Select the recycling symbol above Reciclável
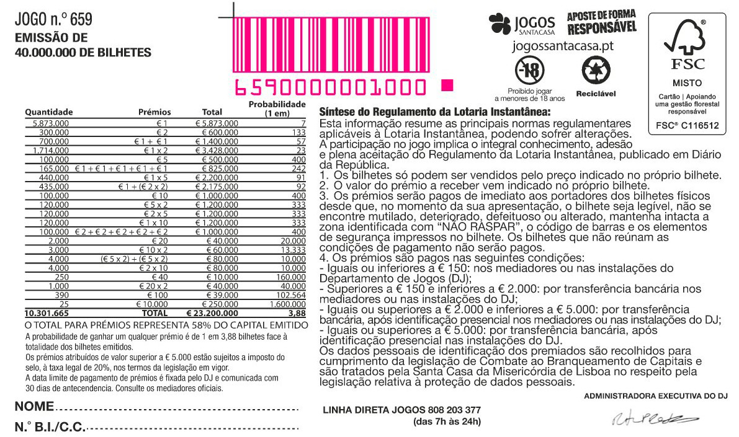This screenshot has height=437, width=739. click(x=596, y=71)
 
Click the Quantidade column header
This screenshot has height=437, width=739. click(x=49, y=112)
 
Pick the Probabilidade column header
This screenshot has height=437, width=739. click(x=277, y=108)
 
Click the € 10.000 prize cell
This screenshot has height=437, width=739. click(x=150, y=306)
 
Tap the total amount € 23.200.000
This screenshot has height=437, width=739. click(x=213, y=314)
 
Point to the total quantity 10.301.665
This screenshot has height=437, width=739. click(x=47, y=314)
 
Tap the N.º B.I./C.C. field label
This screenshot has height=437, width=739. click(x=50, y=427)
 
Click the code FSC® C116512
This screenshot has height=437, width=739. click(x=687, y=125)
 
